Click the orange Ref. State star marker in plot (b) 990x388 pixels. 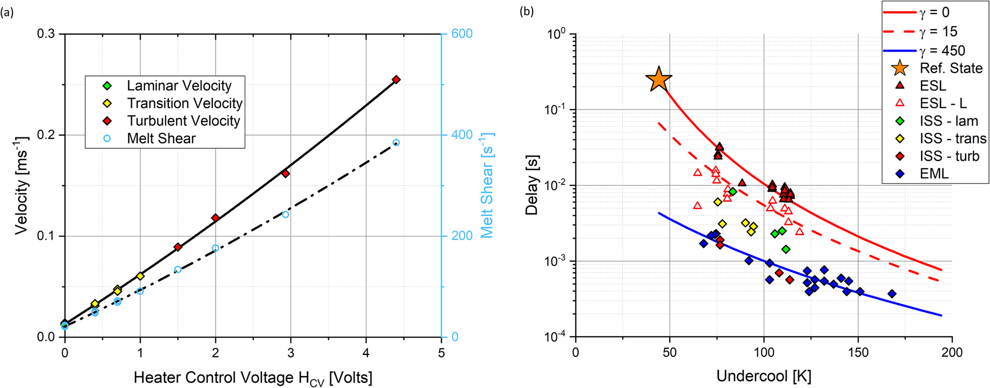point(658,79)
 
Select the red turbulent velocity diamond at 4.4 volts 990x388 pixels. point(396,80)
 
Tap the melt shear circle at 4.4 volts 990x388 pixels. point(396,143)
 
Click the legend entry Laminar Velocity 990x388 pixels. point(179,86)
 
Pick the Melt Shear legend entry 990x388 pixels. point(161,139)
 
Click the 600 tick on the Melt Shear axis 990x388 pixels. point(462,34)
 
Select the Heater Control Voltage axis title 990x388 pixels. point(253,378)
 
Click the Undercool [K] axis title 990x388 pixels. point(763,376)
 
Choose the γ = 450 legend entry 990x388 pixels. point(942,50)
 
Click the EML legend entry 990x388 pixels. point(934,174)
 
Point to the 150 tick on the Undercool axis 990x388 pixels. point(858,352)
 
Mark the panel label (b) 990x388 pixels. point(526,11)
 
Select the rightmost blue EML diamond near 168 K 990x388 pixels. point(892,293)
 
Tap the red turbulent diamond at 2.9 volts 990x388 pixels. point(285,174)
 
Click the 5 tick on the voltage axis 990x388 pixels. point(441,353)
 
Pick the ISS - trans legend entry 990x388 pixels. point(952,139)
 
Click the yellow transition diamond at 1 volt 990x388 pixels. point(140,276)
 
